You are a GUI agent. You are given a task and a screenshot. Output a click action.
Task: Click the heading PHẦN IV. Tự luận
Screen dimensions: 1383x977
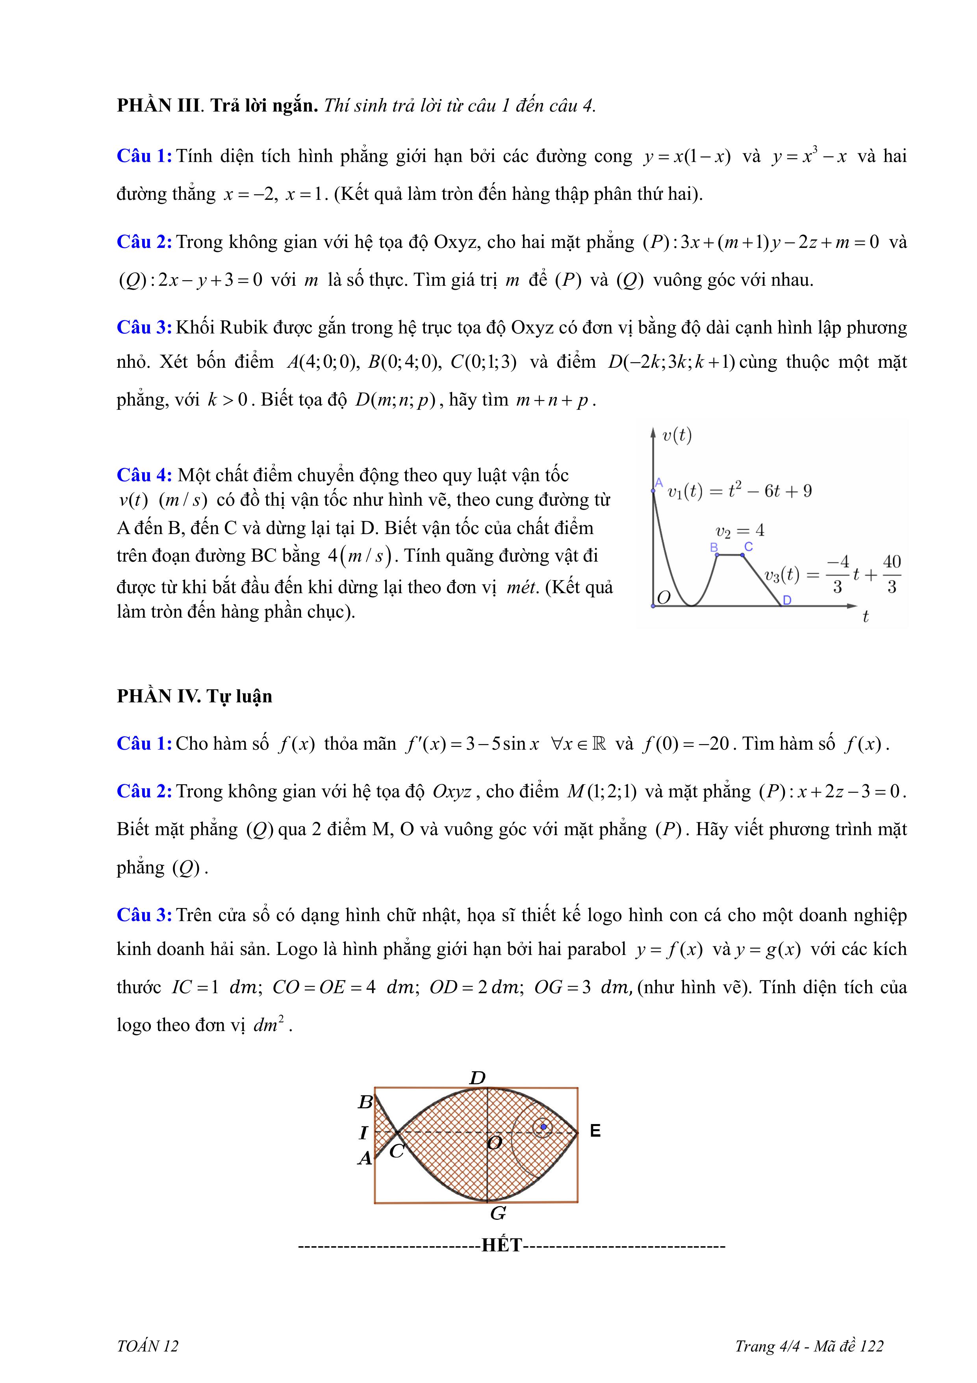pos(195,696)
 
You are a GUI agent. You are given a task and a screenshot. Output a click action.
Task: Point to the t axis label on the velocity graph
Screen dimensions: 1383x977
pos(865,616)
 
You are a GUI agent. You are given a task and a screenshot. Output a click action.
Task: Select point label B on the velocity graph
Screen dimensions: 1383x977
pos(714,547)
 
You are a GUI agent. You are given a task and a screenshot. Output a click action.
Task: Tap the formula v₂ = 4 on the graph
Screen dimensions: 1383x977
pos(740,530)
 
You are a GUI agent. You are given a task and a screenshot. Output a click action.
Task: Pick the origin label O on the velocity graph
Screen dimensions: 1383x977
pos(664,598)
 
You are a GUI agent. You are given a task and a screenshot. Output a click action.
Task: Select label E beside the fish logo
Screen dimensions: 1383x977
pos(595,1131)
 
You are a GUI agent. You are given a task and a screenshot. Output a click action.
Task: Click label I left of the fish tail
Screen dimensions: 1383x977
pos(363,1133)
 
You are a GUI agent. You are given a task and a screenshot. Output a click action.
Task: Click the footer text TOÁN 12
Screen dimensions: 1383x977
pos(148,1346)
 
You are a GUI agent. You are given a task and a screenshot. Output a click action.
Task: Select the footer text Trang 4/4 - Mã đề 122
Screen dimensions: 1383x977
pos(809,1346)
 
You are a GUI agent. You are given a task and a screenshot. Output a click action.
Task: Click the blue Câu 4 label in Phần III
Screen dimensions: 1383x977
pos(145,475)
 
